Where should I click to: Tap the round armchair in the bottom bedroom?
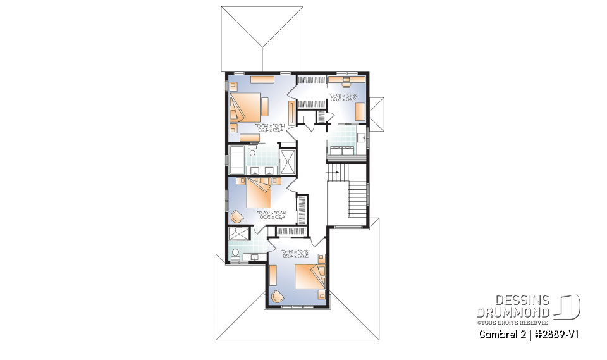(277, 296)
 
